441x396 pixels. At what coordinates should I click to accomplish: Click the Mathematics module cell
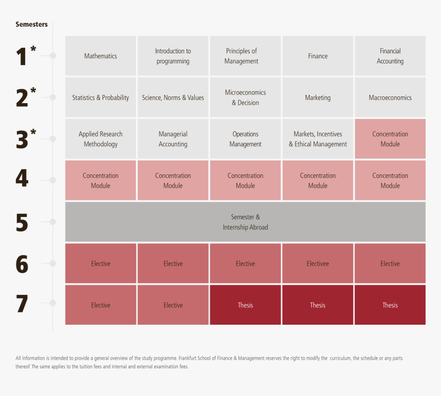[x=101, y=56]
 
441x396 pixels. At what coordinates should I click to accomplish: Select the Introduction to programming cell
[x=173, y=56]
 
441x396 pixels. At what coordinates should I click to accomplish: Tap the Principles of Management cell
[x=245, y=56]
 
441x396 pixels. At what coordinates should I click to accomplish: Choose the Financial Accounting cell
[x=390, y=56]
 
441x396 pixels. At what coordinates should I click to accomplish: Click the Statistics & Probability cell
[x=101, y=97]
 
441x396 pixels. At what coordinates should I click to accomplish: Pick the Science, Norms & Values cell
[x=173, y=97]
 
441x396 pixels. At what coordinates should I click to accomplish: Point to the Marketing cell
[x=317, y=97]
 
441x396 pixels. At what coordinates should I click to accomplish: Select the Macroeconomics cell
[x=390, y=97]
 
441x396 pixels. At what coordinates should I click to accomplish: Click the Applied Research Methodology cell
[x=101, y=139]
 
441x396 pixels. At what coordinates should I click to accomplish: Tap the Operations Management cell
[x=245, y=139]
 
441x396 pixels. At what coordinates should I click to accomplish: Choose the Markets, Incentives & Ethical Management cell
[x=317, y=139]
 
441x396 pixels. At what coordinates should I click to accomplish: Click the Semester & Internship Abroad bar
[x=245, y=222]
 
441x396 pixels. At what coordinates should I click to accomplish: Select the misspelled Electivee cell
[x=317, y=264]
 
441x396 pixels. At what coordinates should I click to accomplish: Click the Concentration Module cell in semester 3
[x=390, y=139]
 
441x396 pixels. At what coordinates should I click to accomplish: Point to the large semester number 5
[x=22, y=223]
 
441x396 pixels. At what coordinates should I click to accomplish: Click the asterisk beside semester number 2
[x=33, y=91]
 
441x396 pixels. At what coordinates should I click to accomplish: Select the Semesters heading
[x=31, y=24]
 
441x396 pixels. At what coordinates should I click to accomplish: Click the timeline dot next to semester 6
[x=52, y=263]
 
